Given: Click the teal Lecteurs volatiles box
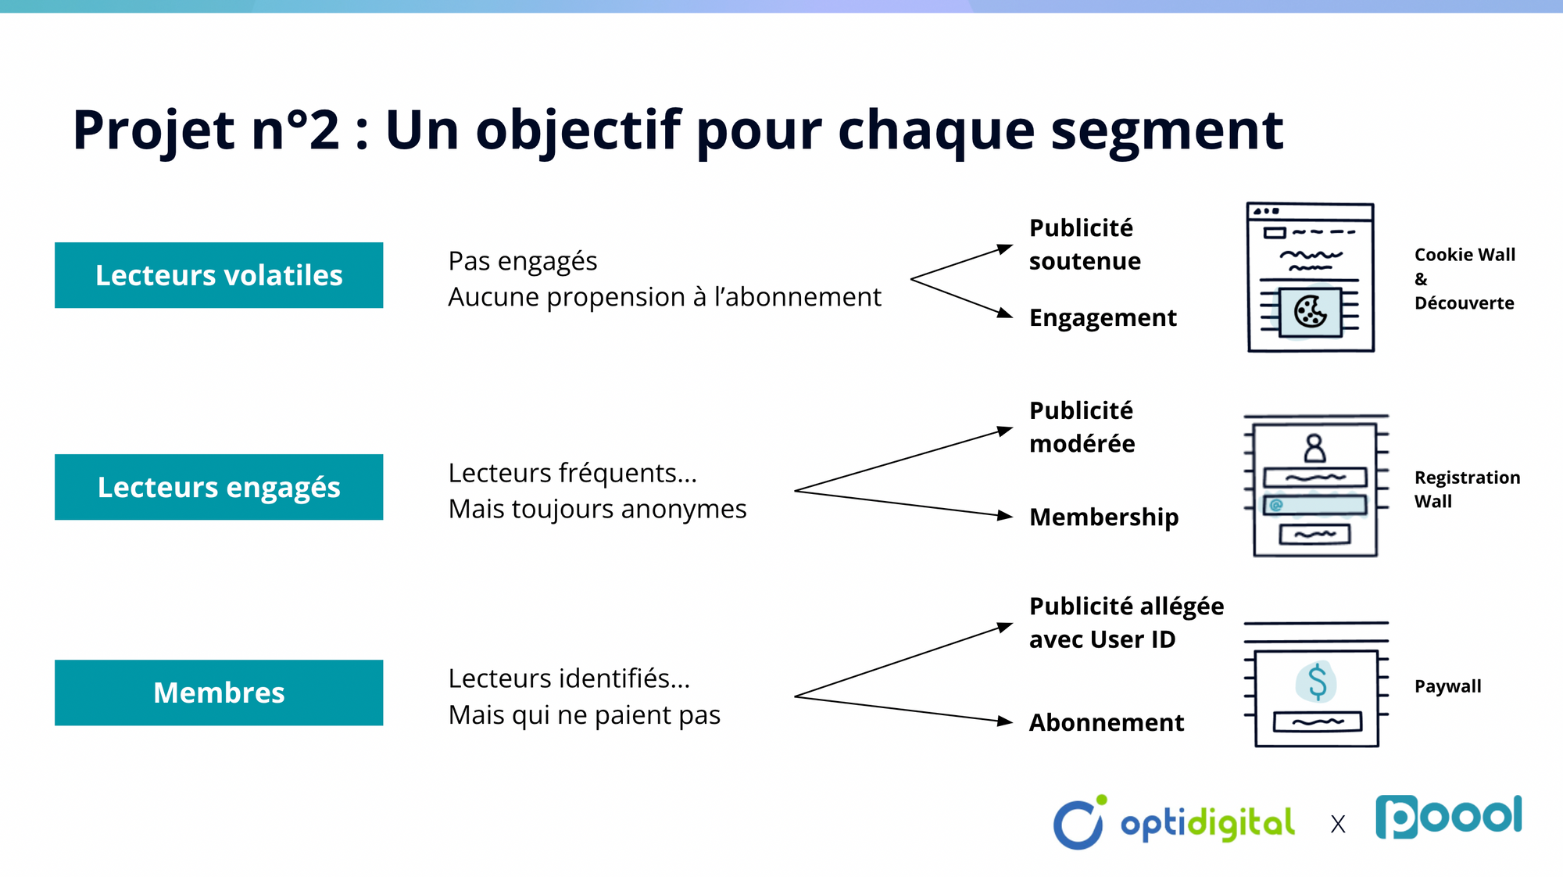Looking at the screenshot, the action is pyautogui.click(x=219, y=275).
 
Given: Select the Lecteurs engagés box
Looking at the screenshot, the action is pyautogui.click(x=219, y=487).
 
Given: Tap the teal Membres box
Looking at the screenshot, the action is pyautogui.click(x=219, y=693).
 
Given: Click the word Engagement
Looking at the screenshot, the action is pyautogui.click(x=1103, y=318).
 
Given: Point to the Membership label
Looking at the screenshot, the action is pyautogui.click(x=1103, y=517).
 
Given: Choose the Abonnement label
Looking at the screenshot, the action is pyautogui.click(x=1106, y=722).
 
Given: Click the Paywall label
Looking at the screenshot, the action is pyautogui.click(x=1447, y=686).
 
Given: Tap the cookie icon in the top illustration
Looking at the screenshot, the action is pyautogui.click(x=1311, y=312).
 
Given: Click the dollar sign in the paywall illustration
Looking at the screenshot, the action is pyautogui.click(x=1317, y=681).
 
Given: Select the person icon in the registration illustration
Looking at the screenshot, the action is pyautogui.click(x=1314, y=449).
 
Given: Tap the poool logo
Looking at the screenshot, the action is pyautogui.click(x=1448, y=817).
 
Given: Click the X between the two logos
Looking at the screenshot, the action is pyautogui.click(x=1338, y=825).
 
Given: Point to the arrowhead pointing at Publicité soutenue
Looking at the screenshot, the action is pyautogui.click(x=1005, y=249).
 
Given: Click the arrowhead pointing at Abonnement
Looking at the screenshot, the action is pyautogui.click(x=1005, y=721).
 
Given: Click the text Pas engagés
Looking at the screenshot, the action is pyautogui.click(x=522, y=261).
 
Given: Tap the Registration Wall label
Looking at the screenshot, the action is pyautogui.click(x=1467, y=489).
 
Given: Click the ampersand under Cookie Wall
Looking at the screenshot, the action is pyautogui.click(x=1421, y=279).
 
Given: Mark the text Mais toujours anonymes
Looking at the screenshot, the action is pyautogui.click(x=597, y=509).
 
